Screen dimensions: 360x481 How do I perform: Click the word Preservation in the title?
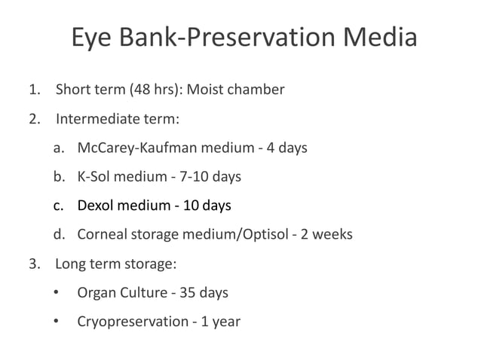click(261, 38)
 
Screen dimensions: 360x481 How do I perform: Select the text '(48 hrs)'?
click(155, 90)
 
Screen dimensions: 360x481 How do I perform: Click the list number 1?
click(33, 90)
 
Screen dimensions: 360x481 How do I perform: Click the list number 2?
click(33, 119)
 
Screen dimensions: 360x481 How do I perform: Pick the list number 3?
click(33, 264)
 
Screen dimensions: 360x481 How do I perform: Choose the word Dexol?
click(96, 206)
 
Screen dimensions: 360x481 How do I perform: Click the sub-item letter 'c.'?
click(59, 206)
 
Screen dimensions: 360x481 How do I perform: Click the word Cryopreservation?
click(133, 322)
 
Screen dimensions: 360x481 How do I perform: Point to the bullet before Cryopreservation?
click(57, 322)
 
